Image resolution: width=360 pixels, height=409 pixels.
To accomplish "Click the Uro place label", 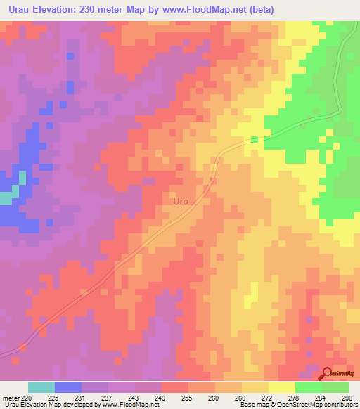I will [x=181, y=202].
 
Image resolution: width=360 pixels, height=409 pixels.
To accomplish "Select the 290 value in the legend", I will [x=345, y=398].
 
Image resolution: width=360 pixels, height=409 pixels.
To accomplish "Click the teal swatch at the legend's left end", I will [x=41, y=387].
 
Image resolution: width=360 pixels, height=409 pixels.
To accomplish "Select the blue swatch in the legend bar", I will [x=68, y=387].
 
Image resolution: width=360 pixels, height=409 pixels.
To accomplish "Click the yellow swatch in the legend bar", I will [x=281, y=387].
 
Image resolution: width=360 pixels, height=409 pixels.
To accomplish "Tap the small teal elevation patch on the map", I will [x=6, y=198].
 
